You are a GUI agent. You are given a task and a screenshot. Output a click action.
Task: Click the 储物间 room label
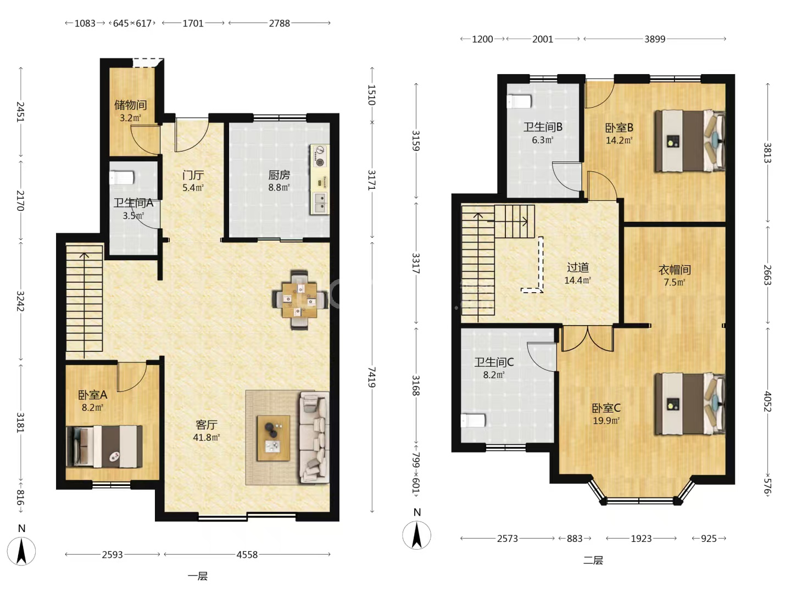coord(130,105)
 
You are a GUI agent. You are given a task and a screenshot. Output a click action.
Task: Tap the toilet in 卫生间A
coord(122,177)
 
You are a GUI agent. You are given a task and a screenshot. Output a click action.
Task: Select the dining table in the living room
coord(299,300)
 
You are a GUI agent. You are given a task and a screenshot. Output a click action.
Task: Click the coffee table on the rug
coord(273,438)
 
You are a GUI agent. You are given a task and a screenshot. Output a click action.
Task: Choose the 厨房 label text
coord(279,175)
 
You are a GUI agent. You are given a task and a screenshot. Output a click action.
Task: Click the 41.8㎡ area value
coord(207,437)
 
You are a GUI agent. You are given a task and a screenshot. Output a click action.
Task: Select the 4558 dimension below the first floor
coord(247,555)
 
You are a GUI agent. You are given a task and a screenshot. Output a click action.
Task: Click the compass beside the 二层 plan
coord(416,535)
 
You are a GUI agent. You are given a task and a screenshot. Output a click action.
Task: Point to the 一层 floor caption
coord(198,576)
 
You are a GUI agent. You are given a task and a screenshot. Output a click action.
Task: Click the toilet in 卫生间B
coord(519,101)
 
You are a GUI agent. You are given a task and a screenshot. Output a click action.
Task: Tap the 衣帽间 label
coord(675,270)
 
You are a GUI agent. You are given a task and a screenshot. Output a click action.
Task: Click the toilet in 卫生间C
coord(474,420)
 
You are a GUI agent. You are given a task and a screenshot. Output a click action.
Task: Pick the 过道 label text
coord(578,267)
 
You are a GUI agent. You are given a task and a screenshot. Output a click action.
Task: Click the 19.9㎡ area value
coord(606,420)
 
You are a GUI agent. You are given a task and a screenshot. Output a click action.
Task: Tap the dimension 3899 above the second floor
coord(655,39)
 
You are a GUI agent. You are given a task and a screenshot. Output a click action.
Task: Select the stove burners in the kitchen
coord(319,156)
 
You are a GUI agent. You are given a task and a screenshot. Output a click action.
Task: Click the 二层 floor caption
coord(593,560)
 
